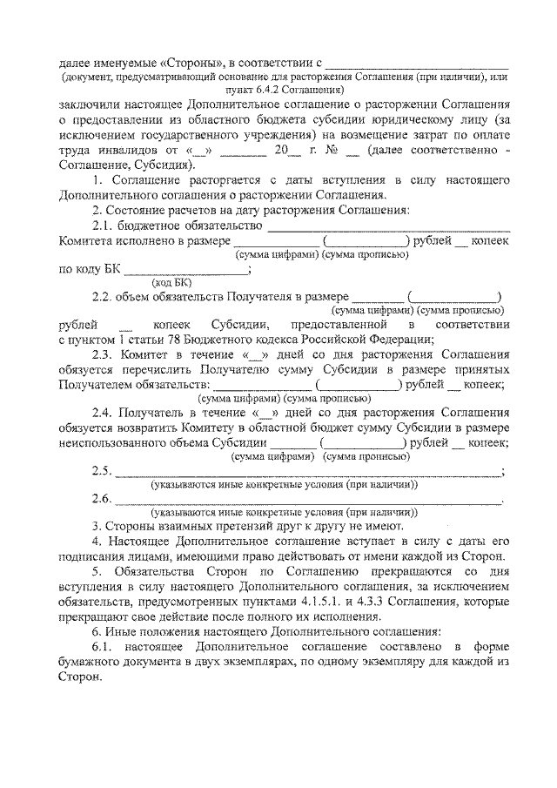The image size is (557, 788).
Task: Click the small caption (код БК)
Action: tap(171, 282)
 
